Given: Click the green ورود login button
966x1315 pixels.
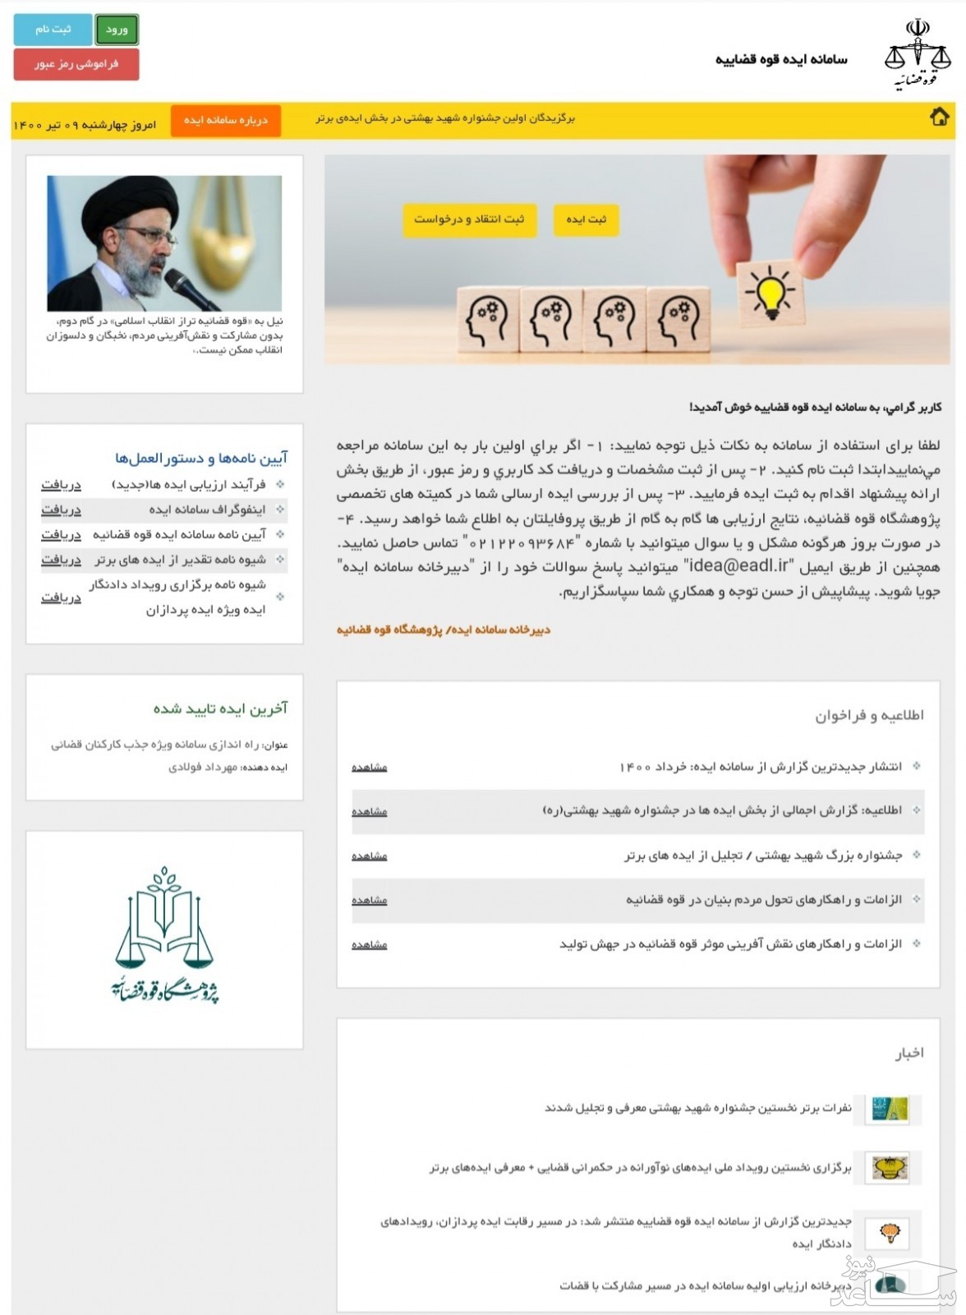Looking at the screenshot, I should point(117,30).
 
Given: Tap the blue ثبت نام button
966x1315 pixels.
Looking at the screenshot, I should point(53,30).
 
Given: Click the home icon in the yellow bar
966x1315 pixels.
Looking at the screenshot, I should point(939,118).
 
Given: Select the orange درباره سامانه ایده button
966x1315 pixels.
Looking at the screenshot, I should point(225,120).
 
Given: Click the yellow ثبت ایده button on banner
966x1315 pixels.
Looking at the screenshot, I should point(586,219).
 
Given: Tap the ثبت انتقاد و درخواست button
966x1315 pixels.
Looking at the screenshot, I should point(469,219).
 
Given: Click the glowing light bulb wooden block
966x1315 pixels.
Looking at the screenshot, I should point(770,294).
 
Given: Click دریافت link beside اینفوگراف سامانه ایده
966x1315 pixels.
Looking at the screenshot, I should point(62,510).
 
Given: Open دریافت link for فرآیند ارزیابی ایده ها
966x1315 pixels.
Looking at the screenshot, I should point(62,485).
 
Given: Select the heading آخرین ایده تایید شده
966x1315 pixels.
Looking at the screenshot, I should point(220,708).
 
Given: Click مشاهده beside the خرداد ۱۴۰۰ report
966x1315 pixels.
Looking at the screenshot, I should point(370,767).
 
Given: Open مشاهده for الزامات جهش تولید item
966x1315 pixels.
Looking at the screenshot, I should point(370,944).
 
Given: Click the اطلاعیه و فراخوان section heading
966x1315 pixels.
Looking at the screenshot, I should point(869,716).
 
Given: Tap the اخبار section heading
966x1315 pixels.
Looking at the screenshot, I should point(909,1053).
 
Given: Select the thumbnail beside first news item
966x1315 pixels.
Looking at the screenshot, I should point(890,1109).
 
